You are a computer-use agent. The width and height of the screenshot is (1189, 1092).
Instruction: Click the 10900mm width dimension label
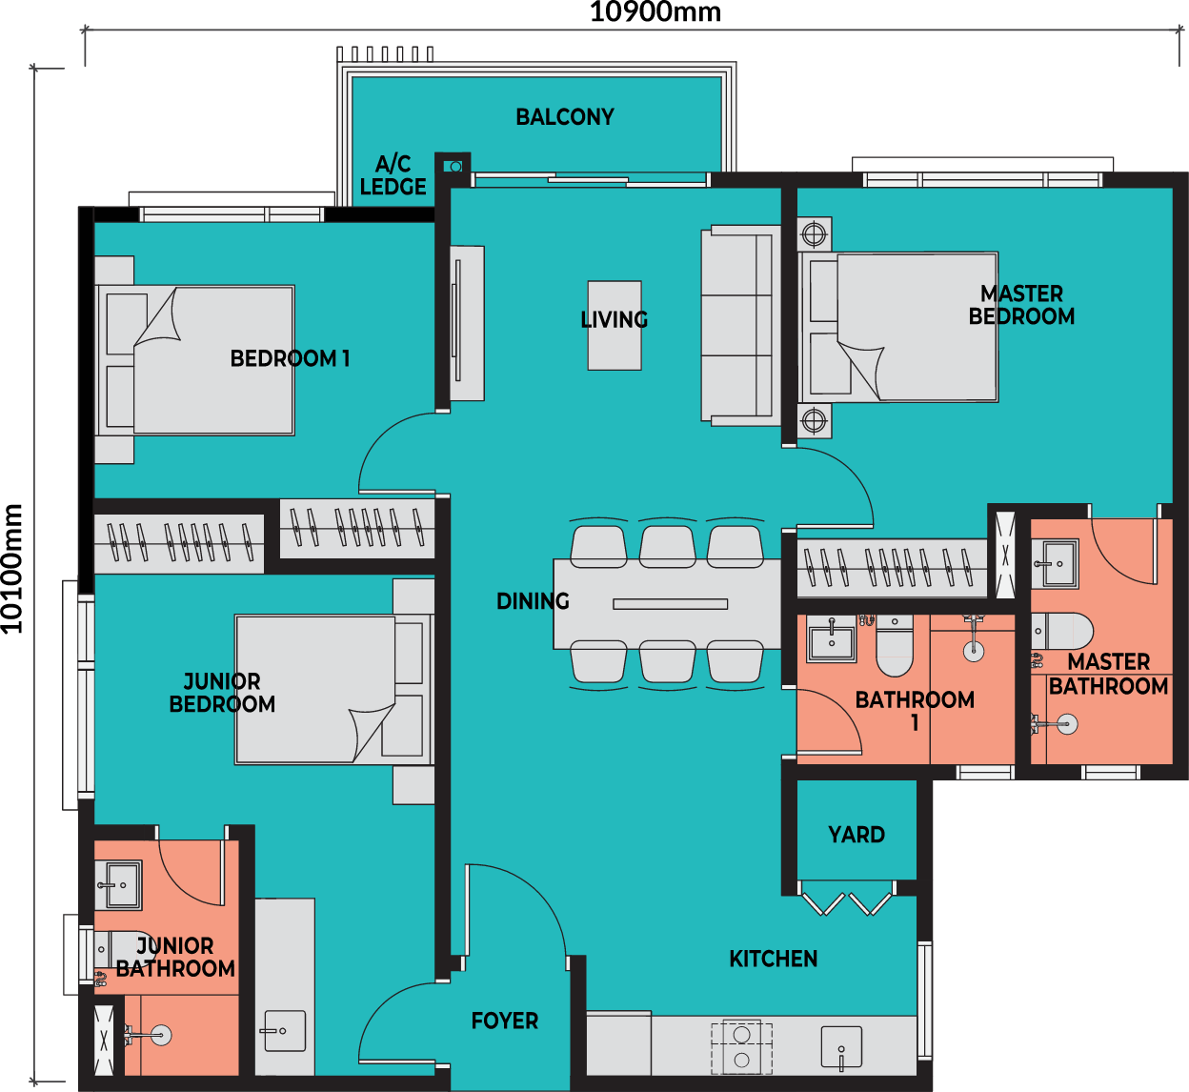[655, 11]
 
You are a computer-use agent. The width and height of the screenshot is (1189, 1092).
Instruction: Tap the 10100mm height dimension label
[12, 569]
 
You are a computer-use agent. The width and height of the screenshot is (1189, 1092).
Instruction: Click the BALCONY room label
[565, 117]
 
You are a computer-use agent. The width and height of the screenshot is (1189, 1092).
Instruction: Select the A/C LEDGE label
[393, 175]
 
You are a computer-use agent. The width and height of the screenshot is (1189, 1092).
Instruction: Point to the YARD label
[856, 835]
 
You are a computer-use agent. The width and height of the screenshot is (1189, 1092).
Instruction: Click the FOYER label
[504, 1021]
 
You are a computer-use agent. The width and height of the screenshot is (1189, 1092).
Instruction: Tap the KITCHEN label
[773, 959]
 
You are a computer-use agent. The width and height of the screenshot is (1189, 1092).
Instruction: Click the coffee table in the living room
[615, 326]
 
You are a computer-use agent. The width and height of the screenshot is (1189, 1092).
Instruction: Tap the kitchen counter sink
[841, 1047]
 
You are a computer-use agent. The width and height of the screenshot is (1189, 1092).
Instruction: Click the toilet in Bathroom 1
[895, 646]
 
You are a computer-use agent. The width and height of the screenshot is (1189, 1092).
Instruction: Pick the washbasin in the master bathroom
[1055, 564]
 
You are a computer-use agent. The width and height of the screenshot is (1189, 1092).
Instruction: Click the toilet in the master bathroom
[1062, 631]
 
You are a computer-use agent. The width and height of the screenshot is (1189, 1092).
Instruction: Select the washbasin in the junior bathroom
[118, 885]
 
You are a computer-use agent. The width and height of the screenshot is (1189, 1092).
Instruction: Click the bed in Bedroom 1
[194, 360]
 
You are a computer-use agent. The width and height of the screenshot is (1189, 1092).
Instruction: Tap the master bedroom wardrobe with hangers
[892, 569]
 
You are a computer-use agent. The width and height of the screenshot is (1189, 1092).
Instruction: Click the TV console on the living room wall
[467, 323]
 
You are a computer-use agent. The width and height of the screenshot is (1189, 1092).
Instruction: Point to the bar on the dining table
[671, 604]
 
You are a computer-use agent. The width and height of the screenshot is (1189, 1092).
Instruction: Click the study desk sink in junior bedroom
[285, 1031]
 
